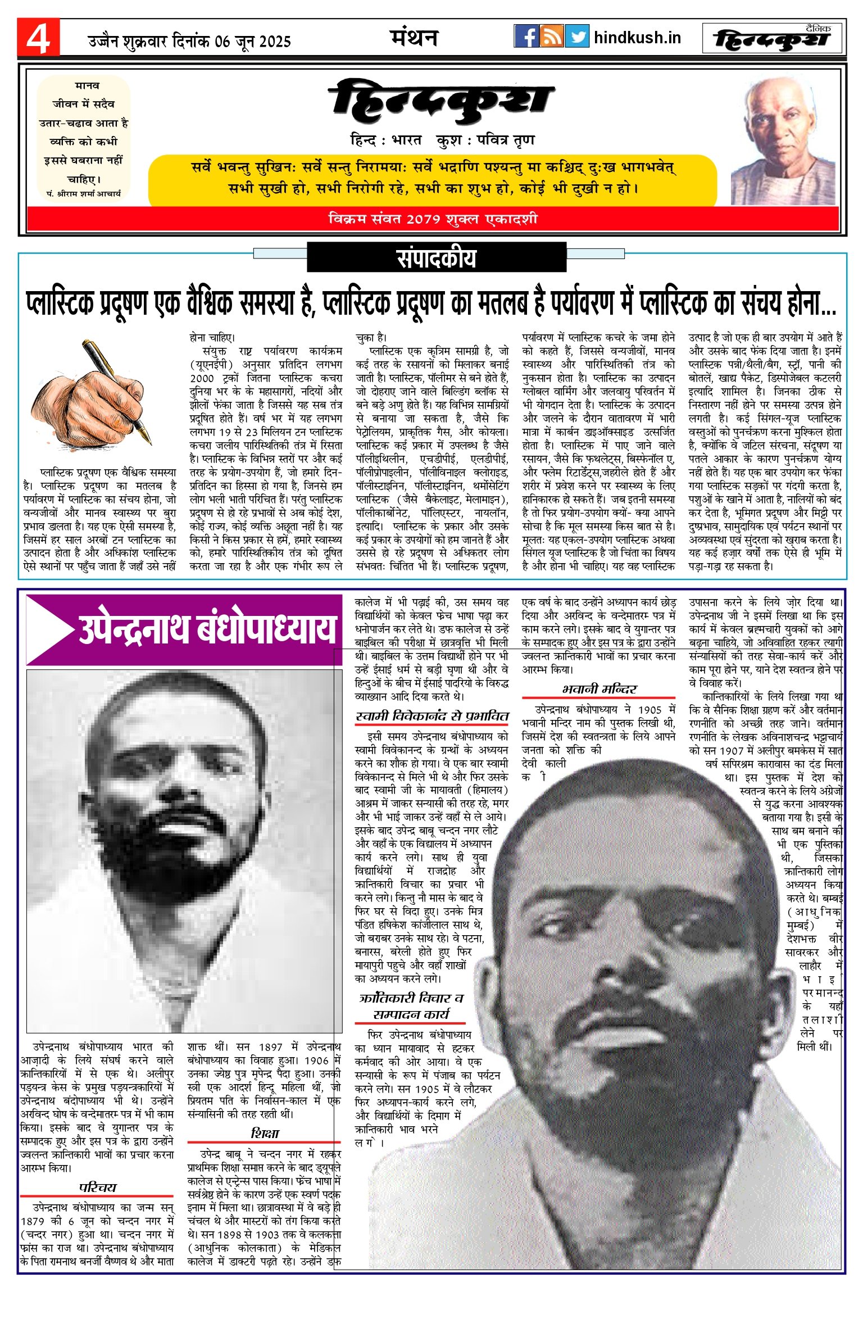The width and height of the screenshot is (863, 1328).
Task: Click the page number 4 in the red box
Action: pyautogui.click(x=38, y=38)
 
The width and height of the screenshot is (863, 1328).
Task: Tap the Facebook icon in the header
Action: pyautogui.click(x=526, y=37)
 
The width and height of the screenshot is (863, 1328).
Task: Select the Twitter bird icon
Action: pyautogui.click(x=577, y=37)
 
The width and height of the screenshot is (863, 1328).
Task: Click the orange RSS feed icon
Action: pyautogui.click(x=551, y=37)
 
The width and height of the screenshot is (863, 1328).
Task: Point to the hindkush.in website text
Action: pyautogui.click(x=637, y=38)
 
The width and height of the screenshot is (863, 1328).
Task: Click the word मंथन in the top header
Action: pyautogui.click(x=414, y=38)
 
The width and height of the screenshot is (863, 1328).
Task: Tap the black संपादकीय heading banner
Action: pyautogui.click(x=436, y=257)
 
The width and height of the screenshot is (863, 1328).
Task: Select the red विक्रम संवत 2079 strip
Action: pyautogui.click(x=433, y=219)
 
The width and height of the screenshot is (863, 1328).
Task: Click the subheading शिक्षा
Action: pyautogui.click(x=264, y=1132)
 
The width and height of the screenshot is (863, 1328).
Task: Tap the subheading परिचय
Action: pyautogui.click(x=97, y=1187)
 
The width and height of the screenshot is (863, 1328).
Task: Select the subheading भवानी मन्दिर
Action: pyautogui.click(x=599, y=689)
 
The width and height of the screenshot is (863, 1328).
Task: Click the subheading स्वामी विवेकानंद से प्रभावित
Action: pyautogui.click(x=432, y=716)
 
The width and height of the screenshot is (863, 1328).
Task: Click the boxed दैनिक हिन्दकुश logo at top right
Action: pyautogui.click(x=773, y=38)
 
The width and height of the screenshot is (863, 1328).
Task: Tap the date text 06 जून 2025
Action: pyautogui.click(x=253, y=41)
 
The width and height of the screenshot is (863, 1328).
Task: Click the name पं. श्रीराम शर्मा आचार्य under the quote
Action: pyautogui.click(x=84, y=193)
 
